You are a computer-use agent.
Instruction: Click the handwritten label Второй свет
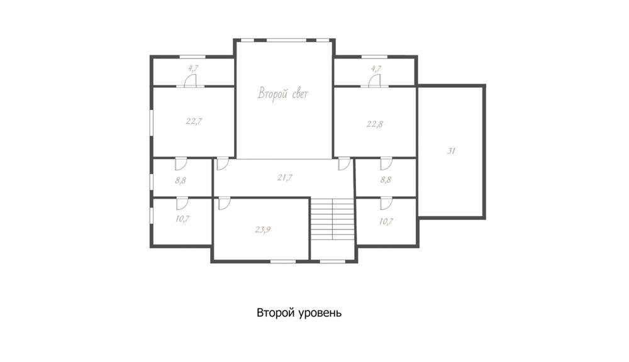point(283,94)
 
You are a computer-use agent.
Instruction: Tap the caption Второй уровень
point(299,313)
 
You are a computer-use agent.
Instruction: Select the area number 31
point(451,151)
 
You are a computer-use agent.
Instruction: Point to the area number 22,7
point(194,121)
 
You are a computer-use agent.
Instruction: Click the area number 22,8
point(375,124)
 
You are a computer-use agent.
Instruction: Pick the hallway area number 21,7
point(284,177)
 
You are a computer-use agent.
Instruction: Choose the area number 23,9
point(263,230)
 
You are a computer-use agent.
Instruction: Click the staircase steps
point(333,219)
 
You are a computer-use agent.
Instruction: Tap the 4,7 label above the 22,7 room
point(193,68)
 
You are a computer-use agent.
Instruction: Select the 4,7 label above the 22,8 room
point(376,69)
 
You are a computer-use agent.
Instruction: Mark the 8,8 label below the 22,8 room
point(386,180)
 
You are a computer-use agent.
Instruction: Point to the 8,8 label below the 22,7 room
point(181,180)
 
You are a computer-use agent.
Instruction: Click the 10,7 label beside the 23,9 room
point(182,219)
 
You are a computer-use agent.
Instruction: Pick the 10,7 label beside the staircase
point(386,221)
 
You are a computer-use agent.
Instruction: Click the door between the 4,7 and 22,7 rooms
point(190,80)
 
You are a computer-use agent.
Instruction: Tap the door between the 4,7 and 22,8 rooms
point(375,80)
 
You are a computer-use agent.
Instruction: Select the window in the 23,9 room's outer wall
point(283,261)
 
